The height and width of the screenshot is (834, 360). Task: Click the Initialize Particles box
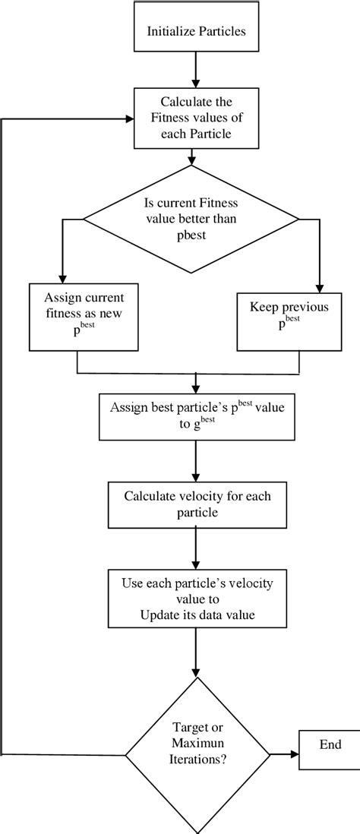(x=197, y=32)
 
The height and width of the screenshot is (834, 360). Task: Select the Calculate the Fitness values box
(x=197, y=117)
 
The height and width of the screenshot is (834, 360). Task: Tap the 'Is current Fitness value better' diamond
(x=191, y=220)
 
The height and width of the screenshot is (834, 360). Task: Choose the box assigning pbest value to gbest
(x=196, y=415)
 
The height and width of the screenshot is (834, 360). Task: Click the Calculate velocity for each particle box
(x=196, y=504)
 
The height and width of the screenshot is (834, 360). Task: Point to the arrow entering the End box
(x=284, y=754)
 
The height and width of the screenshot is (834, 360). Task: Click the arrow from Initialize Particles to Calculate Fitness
(x=197, y=74)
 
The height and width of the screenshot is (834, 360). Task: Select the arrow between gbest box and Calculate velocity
(x=196, y=459)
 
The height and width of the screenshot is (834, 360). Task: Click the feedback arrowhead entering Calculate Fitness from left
(x=128, y=118)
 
